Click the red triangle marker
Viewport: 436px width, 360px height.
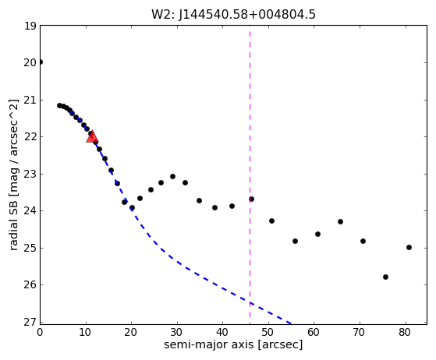click(92, 136)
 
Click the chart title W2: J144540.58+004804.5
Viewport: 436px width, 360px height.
click(233, 15)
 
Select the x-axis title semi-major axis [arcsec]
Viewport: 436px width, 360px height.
click(233, 344)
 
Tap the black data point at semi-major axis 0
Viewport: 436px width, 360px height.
click(41, 62)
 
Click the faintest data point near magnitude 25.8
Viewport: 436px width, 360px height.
click(385, 277)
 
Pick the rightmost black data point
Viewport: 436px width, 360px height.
click(409, 247)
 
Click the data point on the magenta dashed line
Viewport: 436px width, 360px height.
click(251, 199)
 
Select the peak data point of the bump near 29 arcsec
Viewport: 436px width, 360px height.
click(172, 176)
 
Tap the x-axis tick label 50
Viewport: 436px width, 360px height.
click(268, 332)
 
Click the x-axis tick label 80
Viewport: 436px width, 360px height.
click(405, 332)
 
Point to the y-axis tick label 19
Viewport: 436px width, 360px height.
click(30, 26)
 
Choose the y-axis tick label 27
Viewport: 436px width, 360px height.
click(30, 323)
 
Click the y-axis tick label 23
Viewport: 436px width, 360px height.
click(30, 175)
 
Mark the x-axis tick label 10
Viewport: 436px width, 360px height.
click(86, 332)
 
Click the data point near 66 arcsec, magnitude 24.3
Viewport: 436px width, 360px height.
click(340, 221)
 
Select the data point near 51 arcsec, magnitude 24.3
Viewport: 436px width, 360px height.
click(271, 221)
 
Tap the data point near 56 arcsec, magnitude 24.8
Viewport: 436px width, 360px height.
click(295, 241)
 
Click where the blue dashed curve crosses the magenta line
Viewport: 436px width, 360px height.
click(250, 303)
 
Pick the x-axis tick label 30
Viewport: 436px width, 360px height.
click(177, 332)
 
